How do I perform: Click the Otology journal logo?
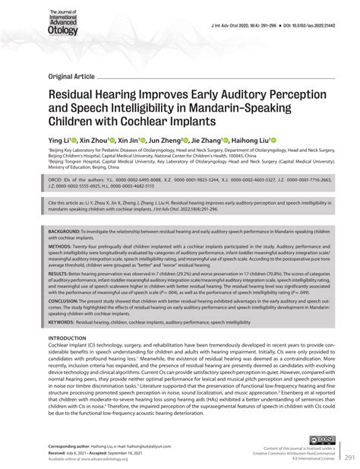coord(64,23)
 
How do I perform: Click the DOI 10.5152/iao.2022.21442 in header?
coord(308,25)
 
